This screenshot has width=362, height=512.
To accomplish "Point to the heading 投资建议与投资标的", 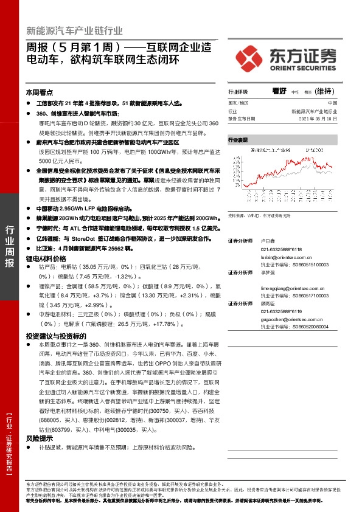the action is pyautogui.click(x=55, y=336).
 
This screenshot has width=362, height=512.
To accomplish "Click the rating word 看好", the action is pyautogui.click(x=279, y=91).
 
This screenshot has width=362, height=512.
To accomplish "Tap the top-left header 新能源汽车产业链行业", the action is pyautogui.click(x=75, y=30).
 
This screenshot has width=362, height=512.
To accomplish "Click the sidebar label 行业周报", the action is pyautogui.click(x=9, y=246).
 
